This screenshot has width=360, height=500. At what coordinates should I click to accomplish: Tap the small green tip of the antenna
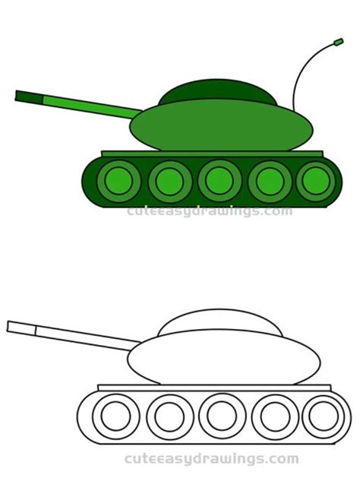(338, 41)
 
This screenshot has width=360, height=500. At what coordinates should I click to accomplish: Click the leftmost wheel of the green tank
(119, 181)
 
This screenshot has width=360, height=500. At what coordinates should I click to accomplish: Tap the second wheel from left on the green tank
(170, 181)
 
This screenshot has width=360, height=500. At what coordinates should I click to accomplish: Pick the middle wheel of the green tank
(219, 181)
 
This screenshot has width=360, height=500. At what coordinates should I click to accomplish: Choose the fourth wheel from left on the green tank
(270, 181)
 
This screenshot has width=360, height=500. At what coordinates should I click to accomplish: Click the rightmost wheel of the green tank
(315, 181)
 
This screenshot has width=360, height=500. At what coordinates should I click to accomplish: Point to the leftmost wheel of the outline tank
(116, 416)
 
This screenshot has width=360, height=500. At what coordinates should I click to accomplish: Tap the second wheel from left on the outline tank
(170, 416)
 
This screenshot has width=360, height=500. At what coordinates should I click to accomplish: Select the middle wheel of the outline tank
(222, 416)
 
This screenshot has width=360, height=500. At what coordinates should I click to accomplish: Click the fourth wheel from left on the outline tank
(273, 416)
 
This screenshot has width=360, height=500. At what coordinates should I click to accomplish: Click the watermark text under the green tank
(210, 211)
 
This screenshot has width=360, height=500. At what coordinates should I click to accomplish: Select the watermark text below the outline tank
(212, 459)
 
